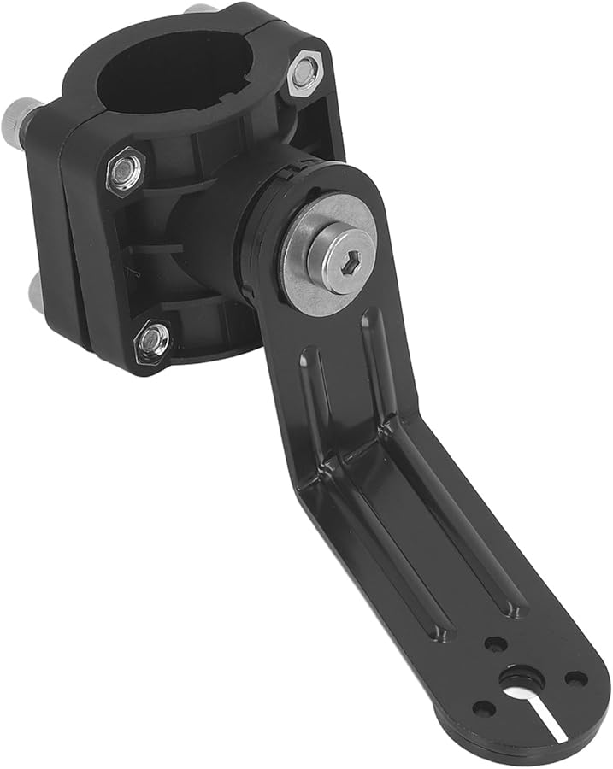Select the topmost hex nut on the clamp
click(x=305, y=73)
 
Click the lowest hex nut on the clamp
click(x=152, y=340)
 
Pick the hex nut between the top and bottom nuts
click(x=126, y=170)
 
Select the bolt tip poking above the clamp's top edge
click(x=201, y=9)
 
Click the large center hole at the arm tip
click(x=517, y=680)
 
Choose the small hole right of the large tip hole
click(x=575, y=679)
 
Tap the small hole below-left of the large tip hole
click(x=484, y=708)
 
